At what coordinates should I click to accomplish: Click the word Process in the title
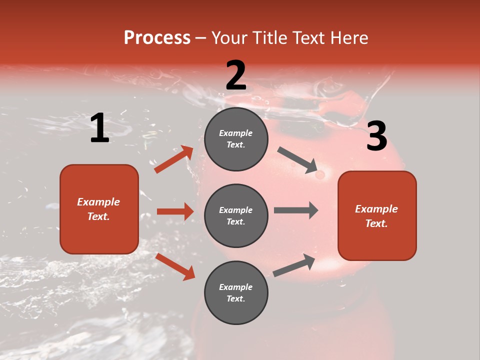[157, 38]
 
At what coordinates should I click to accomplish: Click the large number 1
[99, 128]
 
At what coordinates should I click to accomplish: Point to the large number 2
[236, 76]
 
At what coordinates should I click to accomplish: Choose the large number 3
[376, 136]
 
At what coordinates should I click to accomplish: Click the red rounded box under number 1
[99, 209]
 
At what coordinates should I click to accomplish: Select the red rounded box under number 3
[377, 215]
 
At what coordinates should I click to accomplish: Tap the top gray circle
[236, 139]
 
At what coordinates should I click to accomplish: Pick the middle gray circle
[236, 215]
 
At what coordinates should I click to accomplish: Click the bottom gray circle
[236, 292]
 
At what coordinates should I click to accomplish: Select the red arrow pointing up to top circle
[174, 159]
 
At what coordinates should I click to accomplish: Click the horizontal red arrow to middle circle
[175, 211]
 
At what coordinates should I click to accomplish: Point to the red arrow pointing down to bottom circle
[175, 266]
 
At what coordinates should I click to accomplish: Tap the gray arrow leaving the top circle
[297, 160]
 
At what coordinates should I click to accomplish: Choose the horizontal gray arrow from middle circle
[296, 210]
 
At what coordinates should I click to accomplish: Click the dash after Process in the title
[201, 38]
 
